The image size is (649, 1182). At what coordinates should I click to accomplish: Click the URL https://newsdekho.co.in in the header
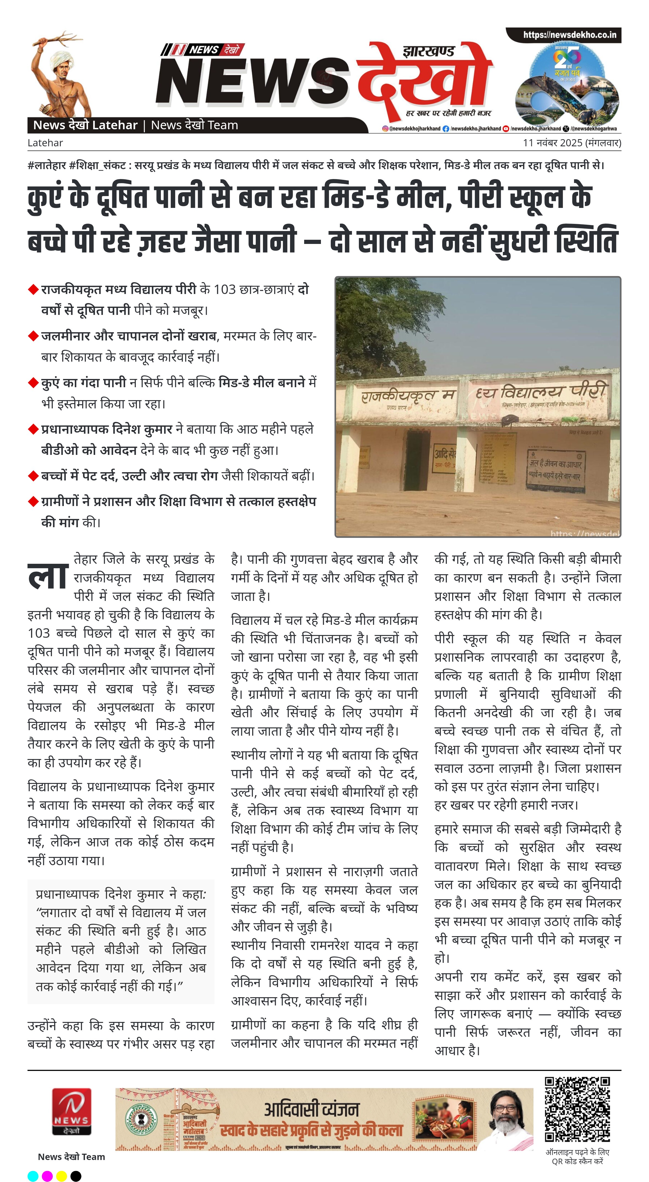point(569,35)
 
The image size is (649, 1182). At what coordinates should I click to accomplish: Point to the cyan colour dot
point(33,1176)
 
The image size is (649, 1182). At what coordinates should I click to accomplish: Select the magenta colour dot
point(47,1176)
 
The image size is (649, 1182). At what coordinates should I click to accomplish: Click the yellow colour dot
point(62,1176)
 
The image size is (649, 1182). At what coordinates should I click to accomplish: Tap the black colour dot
point(76,1176)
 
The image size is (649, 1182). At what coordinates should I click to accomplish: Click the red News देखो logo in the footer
point(71,1110)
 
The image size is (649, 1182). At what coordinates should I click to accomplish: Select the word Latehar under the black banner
point(45,143)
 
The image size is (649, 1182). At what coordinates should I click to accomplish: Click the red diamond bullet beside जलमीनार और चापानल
point(33,336)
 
